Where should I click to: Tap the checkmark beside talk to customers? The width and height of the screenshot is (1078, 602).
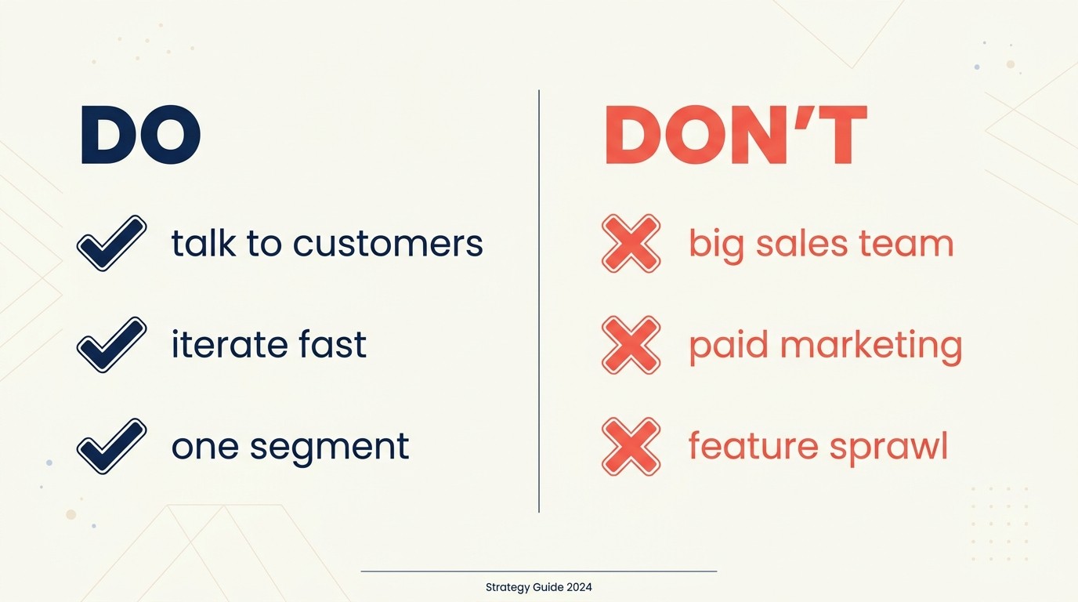(111, 243)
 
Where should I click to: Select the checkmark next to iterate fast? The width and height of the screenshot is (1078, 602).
(111, 344)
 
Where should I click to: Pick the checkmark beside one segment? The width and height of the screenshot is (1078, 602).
(111, 445)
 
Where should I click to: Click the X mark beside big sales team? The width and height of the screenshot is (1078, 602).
(631, 244)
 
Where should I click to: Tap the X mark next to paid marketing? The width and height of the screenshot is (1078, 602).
(631, 345)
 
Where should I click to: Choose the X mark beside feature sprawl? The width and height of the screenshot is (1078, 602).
(631, 446)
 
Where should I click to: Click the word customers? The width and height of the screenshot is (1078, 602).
(388, 244)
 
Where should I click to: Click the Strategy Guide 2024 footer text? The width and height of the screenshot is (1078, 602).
(538, 587)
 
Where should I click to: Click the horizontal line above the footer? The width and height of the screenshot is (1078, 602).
(538, 571)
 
